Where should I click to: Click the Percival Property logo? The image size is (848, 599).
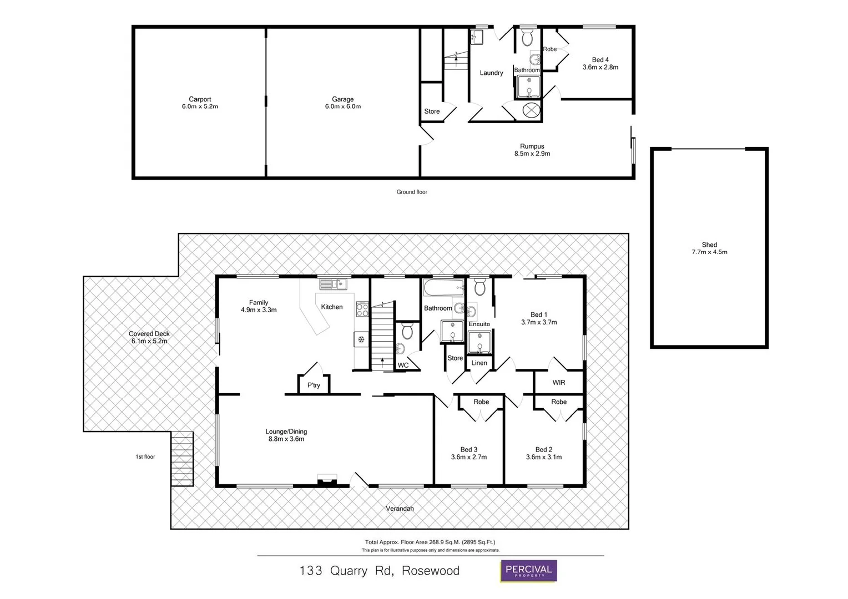pos(528,571)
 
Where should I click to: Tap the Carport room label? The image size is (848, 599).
pos(200,99)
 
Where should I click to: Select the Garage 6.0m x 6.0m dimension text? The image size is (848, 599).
pos(342,106)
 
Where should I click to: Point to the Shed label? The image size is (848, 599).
pos(709,245)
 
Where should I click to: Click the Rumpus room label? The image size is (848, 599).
pos(532,146)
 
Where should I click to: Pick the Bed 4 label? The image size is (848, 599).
pos(600,60)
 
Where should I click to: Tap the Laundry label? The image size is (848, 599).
pos(491,73)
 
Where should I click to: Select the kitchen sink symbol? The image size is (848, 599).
pos(332,285)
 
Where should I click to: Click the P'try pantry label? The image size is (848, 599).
pos(314,385)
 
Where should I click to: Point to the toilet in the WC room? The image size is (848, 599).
pos(407,332)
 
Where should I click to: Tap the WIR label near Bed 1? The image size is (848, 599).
pos(558,383)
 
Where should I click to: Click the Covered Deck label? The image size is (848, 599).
pos(149,334)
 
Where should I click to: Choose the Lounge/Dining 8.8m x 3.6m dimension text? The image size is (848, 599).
pos(286,439)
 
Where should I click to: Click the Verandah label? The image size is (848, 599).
pos(400,509)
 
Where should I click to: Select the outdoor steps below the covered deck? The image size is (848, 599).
pos(182,459)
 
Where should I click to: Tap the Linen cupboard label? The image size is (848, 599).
pos(479,363)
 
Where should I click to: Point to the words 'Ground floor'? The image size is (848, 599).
pos(412,192)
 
